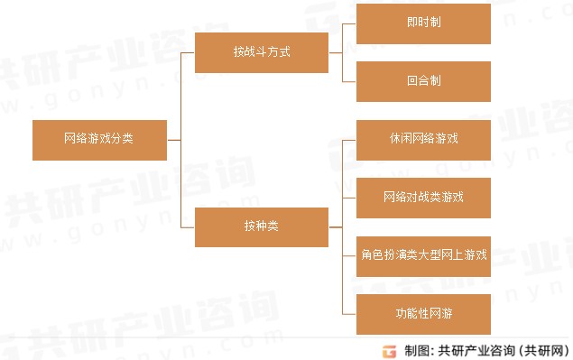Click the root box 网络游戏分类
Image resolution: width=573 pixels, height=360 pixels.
point(99,140)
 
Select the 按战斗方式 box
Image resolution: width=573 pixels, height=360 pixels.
point(262,52)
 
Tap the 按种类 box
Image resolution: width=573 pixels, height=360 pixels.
point(262,226)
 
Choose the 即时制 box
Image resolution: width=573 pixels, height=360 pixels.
point(423,23)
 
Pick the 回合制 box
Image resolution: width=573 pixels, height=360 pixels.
point(423,81)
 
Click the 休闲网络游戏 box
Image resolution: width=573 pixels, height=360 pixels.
point(423,139)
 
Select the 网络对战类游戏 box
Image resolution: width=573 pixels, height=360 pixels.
point(423,197)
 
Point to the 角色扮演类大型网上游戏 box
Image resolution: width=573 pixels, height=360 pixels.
point(423,255)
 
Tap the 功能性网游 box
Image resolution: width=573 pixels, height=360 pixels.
point(423,313)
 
